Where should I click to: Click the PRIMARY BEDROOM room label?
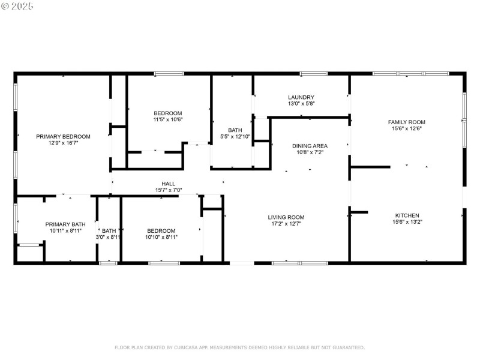click(x=63, y=136)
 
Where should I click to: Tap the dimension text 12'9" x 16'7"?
click(x=63, y=143)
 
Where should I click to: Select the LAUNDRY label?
click(x=301, y=97)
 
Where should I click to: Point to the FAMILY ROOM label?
click(x=406, y=122)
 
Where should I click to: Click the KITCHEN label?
click(x=407, y=215)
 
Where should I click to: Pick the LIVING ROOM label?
click(x=286, y=217)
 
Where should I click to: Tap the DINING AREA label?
click(x=310, y=146)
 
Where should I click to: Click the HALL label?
click(x=168, y=184)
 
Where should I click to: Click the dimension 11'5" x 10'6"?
click(x=168, y=120)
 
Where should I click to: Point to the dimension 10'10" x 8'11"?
click(x=161, y=238)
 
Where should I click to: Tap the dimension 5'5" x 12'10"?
click(x=235, y=137)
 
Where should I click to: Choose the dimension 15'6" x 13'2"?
click(x=407, y=222)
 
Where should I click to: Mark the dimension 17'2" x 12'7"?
click(x=286, y=224)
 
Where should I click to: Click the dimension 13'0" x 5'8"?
click(x=301, y=104)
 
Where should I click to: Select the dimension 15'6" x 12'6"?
click(x=406, y=128)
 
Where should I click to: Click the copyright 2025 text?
click(x=17, y=6)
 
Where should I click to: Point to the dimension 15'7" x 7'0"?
click(x=168, y=190)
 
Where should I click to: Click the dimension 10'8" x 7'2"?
click(x=310, y=152)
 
